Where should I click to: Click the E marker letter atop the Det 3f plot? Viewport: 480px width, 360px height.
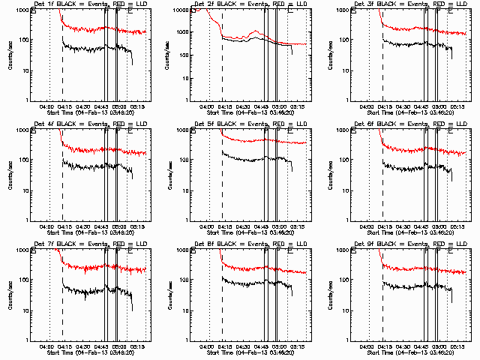[x=451, y=13]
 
